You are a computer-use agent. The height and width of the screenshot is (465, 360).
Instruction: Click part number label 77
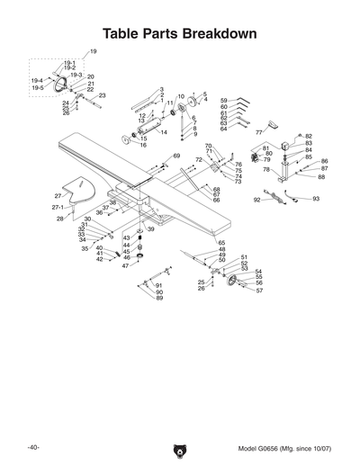click(x=257, y=132)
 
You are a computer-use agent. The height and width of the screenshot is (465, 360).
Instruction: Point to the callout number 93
click(x=316, y=198)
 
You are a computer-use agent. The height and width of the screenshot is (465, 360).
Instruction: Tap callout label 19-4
click(x=37, y=82)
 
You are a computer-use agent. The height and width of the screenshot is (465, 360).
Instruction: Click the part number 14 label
click(x=164, y=132)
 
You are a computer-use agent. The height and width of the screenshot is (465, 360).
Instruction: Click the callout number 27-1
click(x=43, y=207)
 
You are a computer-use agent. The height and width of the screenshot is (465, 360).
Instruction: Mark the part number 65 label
click(x=221, y=243)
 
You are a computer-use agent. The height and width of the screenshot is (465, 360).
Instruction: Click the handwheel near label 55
click(x=236, y=285)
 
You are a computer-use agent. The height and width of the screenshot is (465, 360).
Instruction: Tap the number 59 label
click(x=224, y=100)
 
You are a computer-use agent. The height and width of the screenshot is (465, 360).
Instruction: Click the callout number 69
click(x=176, y=156)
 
